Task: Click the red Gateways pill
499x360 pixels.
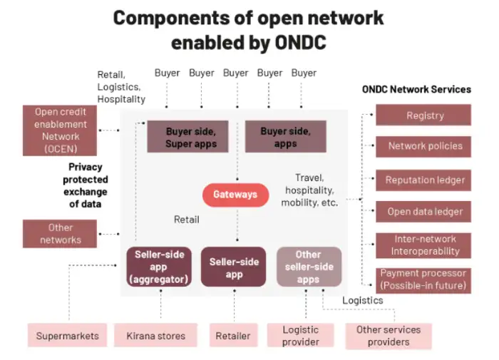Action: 235,195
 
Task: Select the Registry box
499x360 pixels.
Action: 425,115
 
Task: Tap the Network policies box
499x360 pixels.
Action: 425,146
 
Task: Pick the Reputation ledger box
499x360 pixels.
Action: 425,180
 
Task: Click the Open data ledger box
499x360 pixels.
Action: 425,212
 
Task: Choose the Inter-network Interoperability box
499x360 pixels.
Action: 425,245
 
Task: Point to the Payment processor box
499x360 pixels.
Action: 423,279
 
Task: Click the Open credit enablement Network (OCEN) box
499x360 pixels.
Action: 61,129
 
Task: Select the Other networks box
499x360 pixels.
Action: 61,234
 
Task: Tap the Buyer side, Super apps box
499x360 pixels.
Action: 191,138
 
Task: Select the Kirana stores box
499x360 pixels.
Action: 155,335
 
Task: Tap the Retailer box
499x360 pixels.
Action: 232,335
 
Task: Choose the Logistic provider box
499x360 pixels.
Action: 300,336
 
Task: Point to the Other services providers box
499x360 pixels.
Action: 389,336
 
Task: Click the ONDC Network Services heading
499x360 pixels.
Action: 416,90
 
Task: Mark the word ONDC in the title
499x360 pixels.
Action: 290,42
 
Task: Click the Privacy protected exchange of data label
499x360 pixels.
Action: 86,186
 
